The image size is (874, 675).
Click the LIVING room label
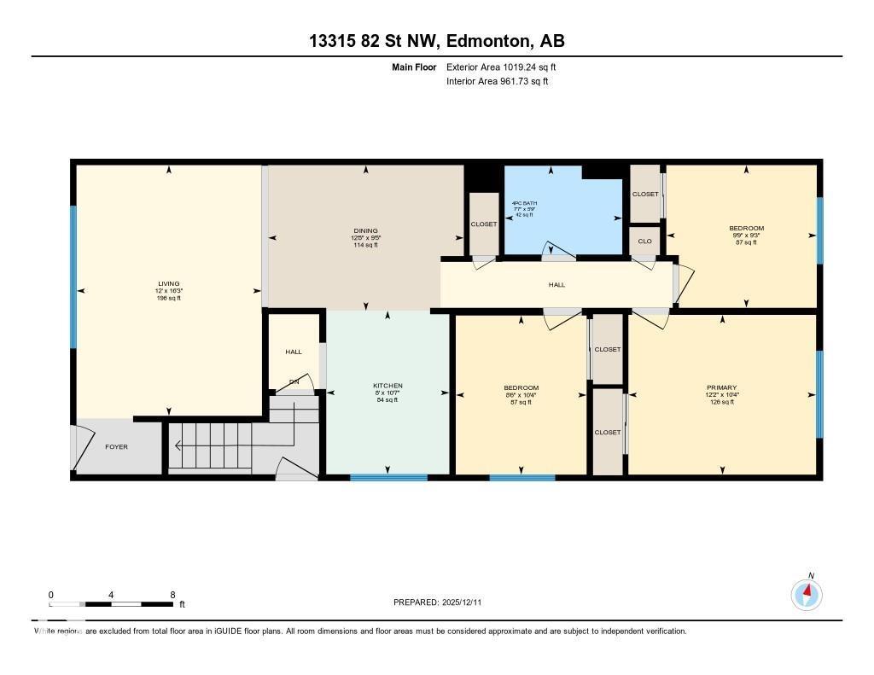(168, 284)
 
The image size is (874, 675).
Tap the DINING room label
(365, 230)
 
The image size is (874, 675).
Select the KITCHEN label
(387, 386)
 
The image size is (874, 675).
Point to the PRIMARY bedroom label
(721, 387)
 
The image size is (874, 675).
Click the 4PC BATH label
(524, 202)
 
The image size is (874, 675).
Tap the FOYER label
(116, 446)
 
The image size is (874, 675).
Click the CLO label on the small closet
(645, 241)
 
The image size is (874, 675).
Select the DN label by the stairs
(294, 381)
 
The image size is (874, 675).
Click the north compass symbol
(807, 593)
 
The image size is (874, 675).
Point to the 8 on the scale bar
(173, 595)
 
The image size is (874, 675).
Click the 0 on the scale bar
(51, 595)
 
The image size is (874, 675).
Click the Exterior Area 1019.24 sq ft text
(502, 67)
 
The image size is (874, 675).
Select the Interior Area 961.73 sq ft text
(497, 81)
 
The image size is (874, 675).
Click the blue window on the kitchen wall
(388, 477)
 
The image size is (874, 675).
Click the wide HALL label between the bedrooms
(556, 285)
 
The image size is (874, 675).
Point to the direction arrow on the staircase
(179, 445)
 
